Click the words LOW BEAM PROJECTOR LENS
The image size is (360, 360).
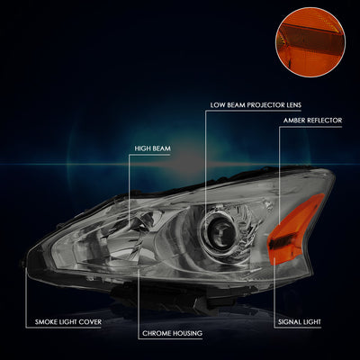[256, 105]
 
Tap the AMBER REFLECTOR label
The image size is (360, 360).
[312, 121]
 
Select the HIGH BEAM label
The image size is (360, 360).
[152, 148]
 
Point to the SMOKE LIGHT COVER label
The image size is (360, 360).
[68, 322]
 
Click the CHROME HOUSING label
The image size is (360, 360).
[172, 333]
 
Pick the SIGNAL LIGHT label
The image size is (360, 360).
[300, 322]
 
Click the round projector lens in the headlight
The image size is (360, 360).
[220, 232]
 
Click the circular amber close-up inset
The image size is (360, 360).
[310, 42]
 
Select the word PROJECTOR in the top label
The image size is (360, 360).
[261, 105]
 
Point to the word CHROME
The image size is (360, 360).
[156, 333]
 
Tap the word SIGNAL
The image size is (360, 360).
[288, 322]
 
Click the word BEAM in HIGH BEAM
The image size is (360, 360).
[161, 148]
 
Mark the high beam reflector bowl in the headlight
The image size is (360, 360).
[132, 237]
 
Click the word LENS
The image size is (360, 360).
[293, 105]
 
